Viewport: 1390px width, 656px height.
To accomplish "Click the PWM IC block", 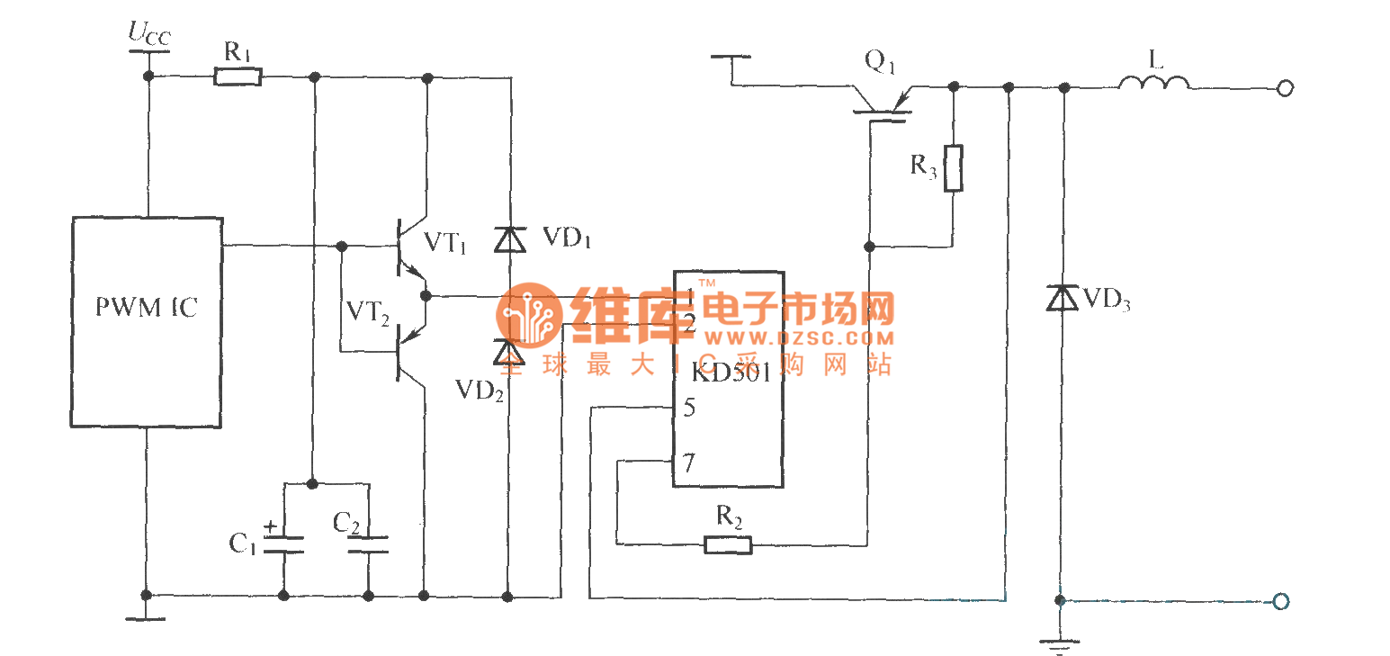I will pyautogui.click(x=147, y=321).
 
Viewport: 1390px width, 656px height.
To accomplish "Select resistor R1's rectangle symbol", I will pyautogui.click(x=238, y=77).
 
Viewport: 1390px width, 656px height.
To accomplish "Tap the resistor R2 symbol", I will pyautogui.click(x=728, y=544).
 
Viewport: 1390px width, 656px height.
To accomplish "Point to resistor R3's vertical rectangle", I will pyautogui.click(x=953, y=167).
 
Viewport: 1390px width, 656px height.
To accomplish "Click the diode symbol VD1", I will pyautogui.click(x=510, y=239).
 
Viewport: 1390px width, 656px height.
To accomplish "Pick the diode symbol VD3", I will pyautogui.click(x=1063, y=298).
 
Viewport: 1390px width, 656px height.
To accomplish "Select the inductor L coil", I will pyautogui.click(x=1153, y=84).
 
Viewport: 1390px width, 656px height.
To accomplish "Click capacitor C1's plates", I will pyautogui.click(x=283, y=543).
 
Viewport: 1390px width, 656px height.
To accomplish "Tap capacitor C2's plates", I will pyautogui.click(x=368, y=544).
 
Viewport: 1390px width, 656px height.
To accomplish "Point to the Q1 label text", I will pyautogui.click(x=882, y=61).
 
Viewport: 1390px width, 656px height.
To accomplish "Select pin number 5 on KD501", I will pyautogui.click(x=688, y=408).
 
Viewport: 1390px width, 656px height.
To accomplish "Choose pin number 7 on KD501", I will pyautogui.click(x=688, y=463).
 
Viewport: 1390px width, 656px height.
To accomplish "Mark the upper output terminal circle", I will pyautogui.click(x=1286, y=88).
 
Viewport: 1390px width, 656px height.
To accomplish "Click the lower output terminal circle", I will pyautogui.click(x=1282, y=601).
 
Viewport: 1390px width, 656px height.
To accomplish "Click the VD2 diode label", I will pyautogui.click(x=479, y=390).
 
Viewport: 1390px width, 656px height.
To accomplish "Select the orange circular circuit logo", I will pyautogui.click(x=529, y=316).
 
